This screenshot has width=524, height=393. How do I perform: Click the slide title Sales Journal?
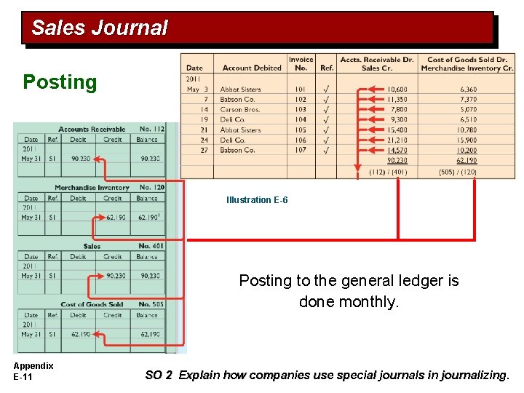tap(100, 28)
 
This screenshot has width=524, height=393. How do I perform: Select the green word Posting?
tap(60, 82)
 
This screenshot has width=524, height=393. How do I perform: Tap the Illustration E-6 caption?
tap(257, 200)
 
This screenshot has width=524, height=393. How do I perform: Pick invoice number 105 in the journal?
tap(301, 130)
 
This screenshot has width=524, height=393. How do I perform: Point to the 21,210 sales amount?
tap(397, 140)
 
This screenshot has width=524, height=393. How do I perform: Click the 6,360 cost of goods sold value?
tap(468, 90)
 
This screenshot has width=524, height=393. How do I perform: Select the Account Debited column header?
tap(252, 68)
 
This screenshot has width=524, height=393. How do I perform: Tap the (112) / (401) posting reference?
tap(388, 172)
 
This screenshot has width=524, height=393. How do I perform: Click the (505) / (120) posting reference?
tap(458, 172)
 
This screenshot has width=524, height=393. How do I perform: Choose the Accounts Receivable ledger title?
tap(92, 130)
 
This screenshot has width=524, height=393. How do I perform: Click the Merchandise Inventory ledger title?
tap(92, 188)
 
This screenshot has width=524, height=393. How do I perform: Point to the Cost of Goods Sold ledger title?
tap(92, 304)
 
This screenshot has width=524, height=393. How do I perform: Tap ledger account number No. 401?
tap(151, 246)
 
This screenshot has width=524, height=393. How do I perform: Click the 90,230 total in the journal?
tap(397, 160)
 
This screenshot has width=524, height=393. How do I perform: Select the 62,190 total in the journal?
tap(467, 160)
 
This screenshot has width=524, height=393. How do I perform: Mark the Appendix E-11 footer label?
tap(33, 370)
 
